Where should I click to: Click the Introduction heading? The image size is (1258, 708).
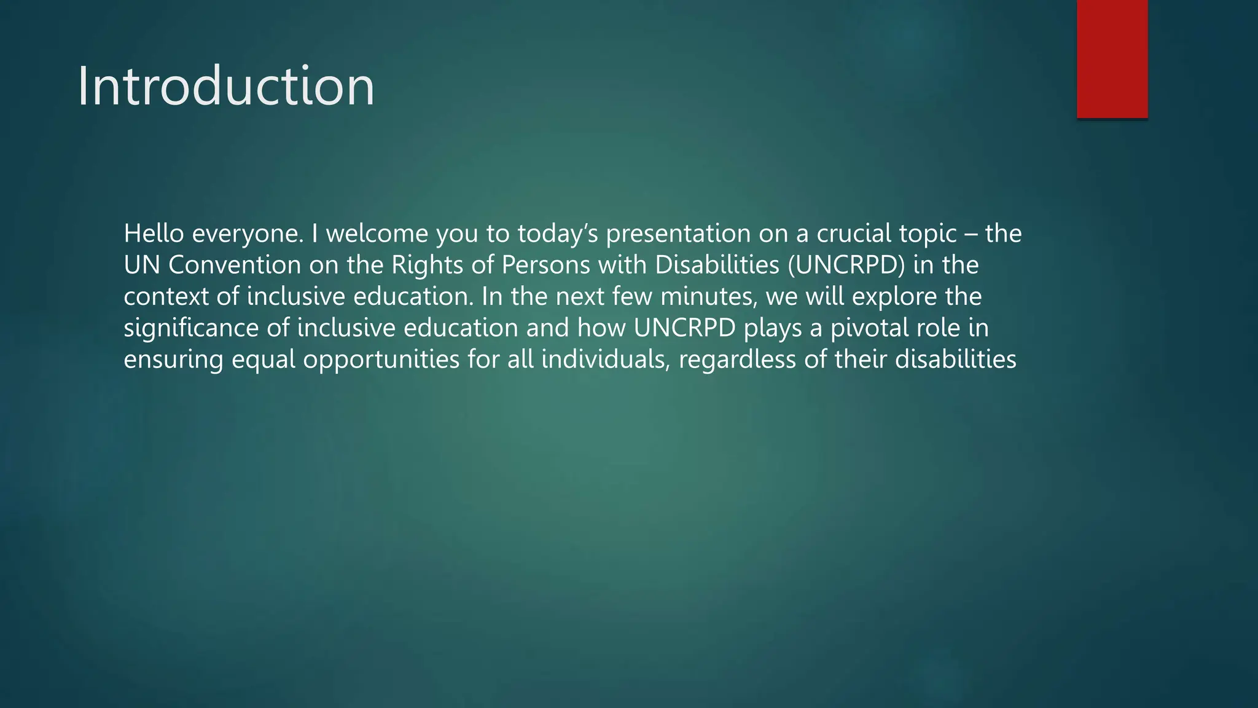tap(225, 87)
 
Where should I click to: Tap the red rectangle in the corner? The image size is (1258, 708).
tap(1112, 58)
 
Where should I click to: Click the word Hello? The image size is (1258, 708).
tap(154, 234)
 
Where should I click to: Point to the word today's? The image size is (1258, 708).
tap(557, 234)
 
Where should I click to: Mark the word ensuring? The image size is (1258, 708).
tap(173, 360)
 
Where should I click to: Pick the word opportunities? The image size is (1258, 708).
tap(381, 360)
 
